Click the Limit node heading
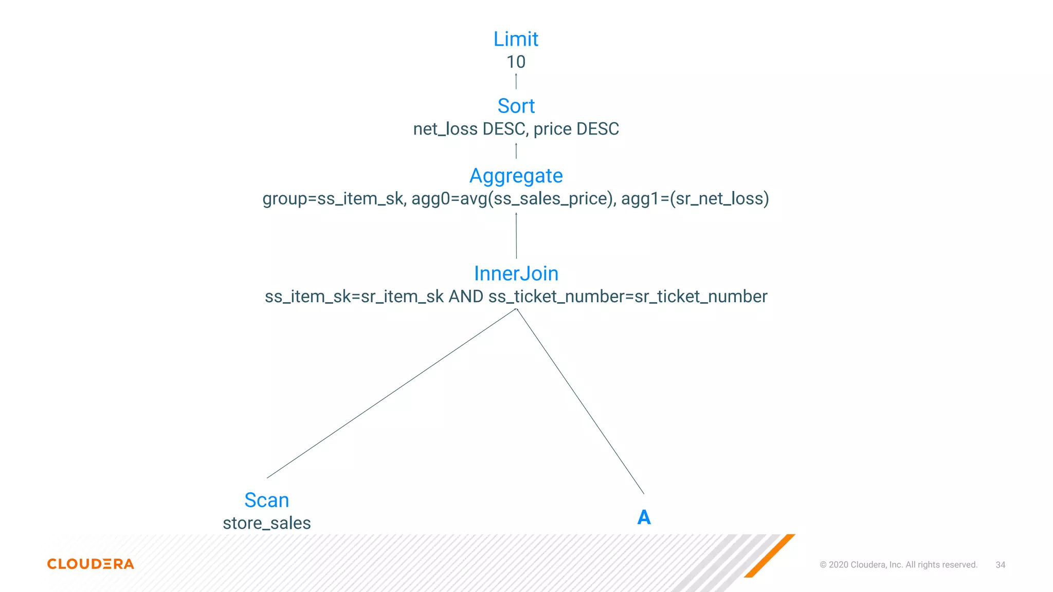point(516,39)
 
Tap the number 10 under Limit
point(516,62)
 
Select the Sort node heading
point(516,106)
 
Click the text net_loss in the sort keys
point(445,129)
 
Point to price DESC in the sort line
point(576,129)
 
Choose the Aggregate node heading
point(516,176)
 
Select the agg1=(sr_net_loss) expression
point(695,199)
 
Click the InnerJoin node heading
point(516,273)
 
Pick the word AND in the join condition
point(466,297)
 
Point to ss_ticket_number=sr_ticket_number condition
point(627,297)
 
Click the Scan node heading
point(266,500)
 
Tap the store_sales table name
point(266,523)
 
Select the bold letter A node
point(644,517)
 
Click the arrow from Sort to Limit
point(516,81)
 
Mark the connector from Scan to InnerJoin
point(391,393)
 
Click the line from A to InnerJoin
point(580,401)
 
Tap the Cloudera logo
point(90,564)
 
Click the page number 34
point(1000,565)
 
